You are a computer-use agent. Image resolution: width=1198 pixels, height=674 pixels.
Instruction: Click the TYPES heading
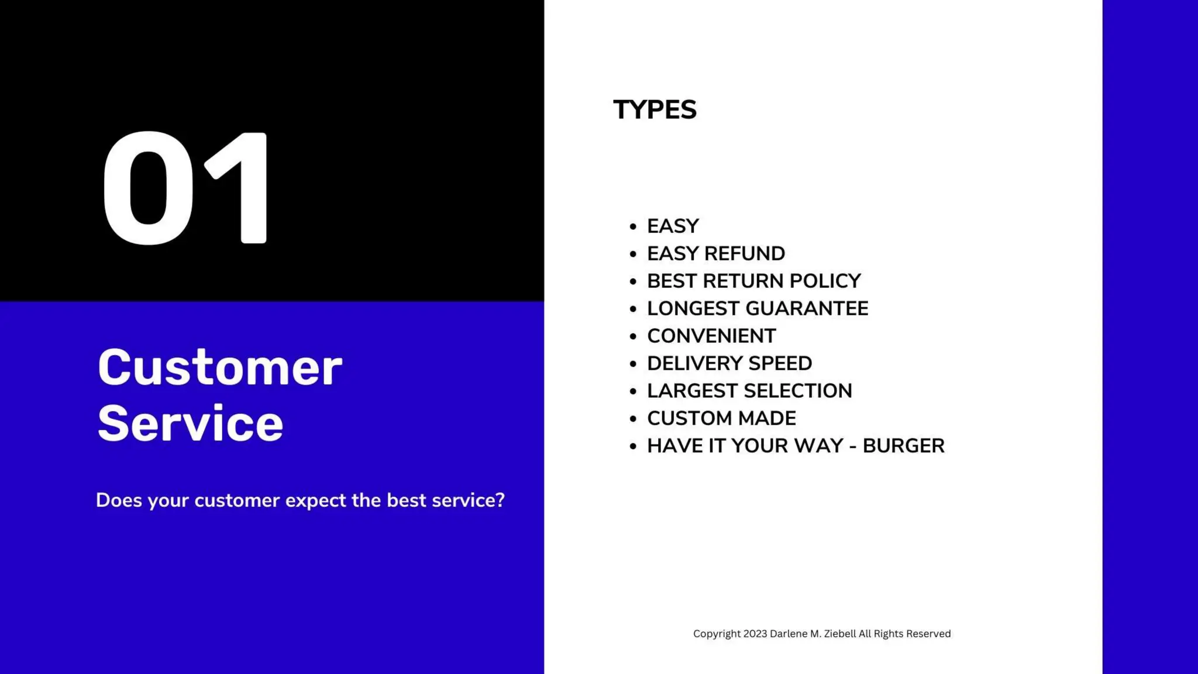pyautogui.click(x=655, y=110)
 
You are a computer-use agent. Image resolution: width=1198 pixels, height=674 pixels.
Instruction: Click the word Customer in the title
pyautogui.click(x=220, y=369)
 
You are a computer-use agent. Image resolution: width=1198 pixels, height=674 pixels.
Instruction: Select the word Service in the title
pyautogui.click(x=190, y=424)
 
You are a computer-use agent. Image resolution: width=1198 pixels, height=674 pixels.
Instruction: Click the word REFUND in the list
pyautogui.click(x=745, y=253)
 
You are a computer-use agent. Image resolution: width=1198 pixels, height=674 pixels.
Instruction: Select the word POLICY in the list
pyautogui.click(x=825, y=281)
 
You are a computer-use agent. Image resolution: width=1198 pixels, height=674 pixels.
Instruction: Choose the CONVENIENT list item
pyautogui.click(x=711, y=336)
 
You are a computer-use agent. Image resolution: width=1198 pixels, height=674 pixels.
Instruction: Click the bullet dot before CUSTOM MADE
pyautogui.click(x=633, y=419)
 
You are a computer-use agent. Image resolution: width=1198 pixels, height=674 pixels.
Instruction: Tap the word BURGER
pyautogui.click(x=903, y=446)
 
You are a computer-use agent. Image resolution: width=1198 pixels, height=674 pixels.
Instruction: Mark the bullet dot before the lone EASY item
pyautogui.click(x=633, y=226)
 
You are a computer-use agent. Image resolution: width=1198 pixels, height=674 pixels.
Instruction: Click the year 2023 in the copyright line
pyautogui.click(x=755, y=634)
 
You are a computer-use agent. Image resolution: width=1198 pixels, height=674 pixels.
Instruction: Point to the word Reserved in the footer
pyautogui.click(x=928, y=634)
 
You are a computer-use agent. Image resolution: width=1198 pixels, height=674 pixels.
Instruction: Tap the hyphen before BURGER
pyautogui.click(x=852, y=446)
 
